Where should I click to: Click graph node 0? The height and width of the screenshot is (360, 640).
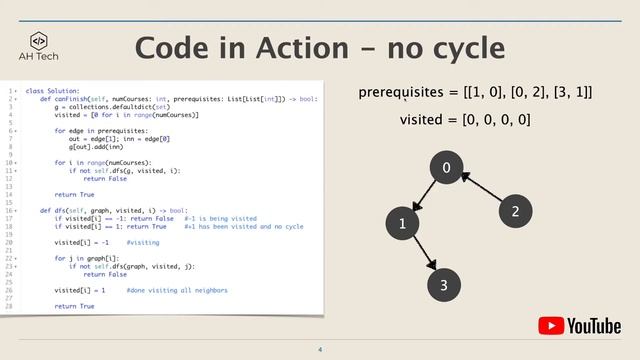tap(447, 169)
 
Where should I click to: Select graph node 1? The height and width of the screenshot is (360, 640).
tap(402, 225)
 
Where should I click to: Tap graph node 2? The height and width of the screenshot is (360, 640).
tap(515, 211)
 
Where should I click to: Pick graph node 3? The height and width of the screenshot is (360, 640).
tap(444, 286)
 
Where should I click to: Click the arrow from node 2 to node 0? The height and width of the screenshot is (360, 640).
tap(481, 190)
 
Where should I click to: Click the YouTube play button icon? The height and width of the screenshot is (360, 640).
tap(552, 326)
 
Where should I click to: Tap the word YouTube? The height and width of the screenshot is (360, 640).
tap(595, 326)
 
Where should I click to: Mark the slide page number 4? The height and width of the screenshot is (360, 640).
tap(320, 349)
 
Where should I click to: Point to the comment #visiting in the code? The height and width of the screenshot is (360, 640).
tap(143, 243)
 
